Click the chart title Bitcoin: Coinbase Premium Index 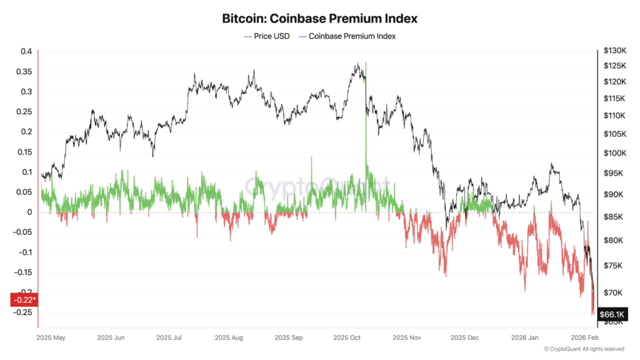(x=319, y=18)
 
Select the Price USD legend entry (x=266, y=36)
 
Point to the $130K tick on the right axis (x=615, y=51)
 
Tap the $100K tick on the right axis (x=615, y=153)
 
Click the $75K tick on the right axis (x=613, y=266)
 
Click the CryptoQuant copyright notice (x=584, y=349)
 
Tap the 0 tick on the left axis (x=29, y=212)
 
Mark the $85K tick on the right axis (x=613, y=217)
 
